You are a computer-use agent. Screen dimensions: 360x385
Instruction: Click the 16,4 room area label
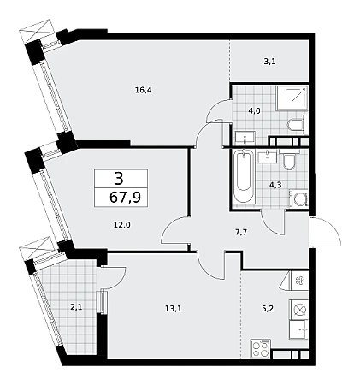[144, 91]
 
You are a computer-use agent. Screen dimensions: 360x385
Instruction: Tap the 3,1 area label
[269, 62]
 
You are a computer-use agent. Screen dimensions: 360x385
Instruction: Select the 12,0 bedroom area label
[122, 225]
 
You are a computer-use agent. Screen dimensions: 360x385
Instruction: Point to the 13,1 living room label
[174, 308]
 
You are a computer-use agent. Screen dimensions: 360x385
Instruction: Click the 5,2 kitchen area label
[268, 308]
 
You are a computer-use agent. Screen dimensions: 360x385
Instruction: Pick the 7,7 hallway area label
[241, 233]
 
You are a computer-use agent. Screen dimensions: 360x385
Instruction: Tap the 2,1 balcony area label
[77, 307]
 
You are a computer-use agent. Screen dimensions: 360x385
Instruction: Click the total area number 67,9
[125, 197]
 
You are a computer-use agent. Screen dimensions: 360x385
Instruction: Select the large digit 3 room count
[118, 179]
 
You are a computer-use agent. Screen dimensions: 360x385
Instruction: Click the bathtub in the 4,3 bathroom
[243, 176]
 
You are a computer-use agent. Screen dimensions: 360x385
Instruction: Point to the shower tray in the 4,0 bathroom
[292, 98]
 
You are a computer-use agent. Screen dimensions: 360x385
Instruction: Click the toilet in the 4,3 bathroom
[290, 161]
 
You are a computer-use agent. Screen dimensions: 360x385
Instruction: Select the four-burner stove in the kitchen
[260, 349]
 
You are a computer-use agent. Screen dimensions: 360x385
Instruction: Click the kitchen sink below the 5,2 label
[298, 329]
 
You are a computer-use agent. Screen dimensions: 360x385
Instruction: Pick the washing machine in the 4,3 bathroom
[298, 198]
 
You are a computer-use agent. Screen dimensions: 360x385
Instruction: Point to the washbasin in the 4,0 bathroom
[245, 137]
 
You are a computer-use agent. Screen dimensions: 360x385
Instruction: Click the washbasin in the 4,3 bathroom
[267, 156]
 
